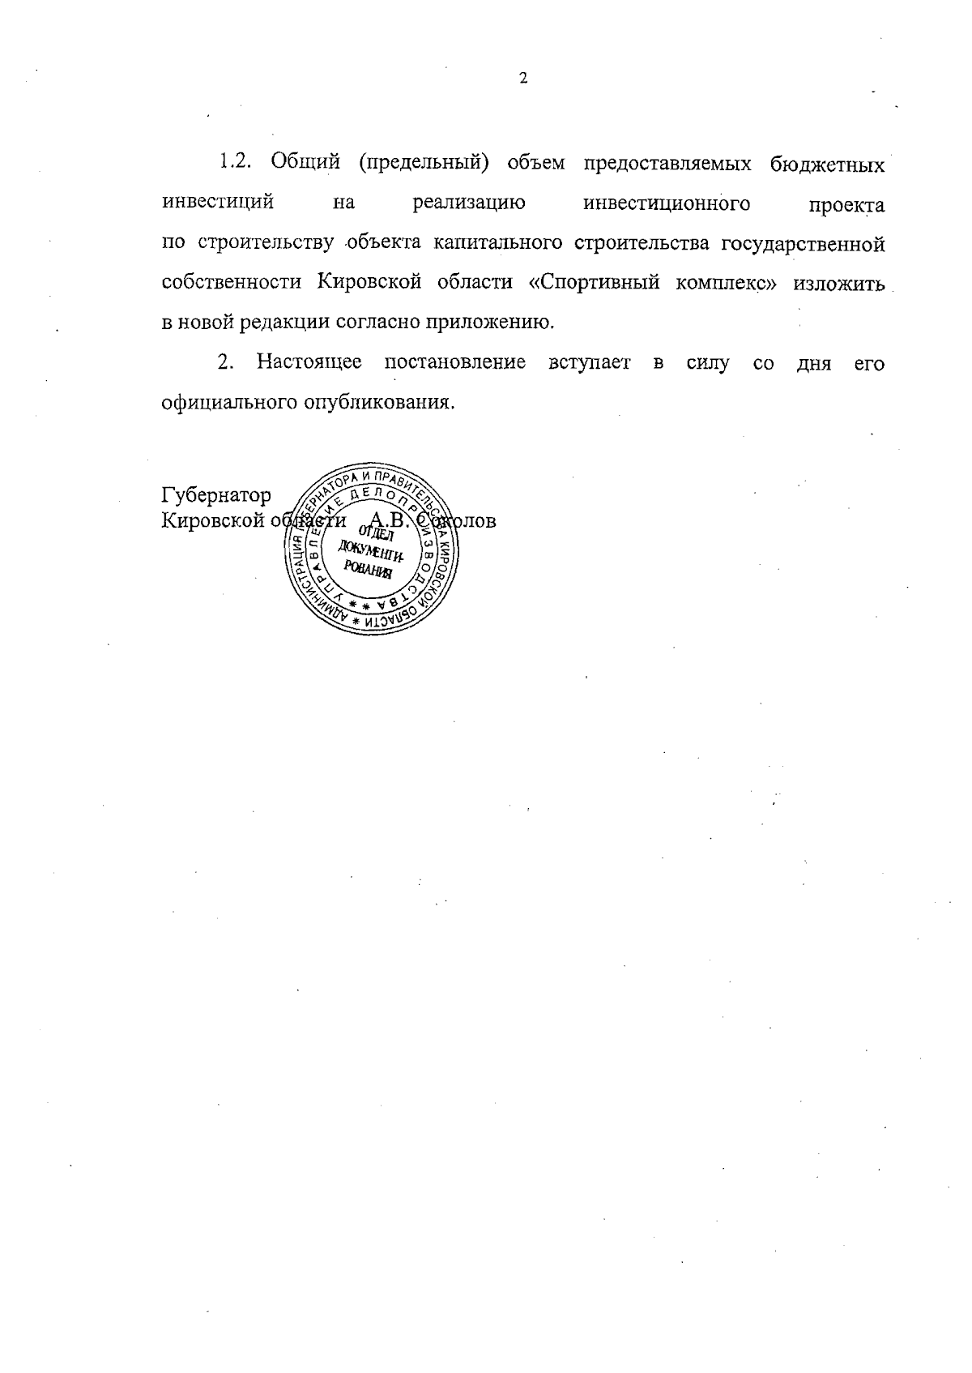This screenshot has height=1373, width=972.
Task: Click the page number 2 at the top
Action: pos(522,79)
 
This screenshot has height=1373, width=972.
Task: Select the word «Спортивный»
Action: pos(595,283)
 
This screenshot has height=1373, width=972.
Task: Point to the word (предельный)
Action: pos(421,163)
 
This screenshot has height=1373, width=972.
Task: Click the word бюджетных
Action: pos(827,163)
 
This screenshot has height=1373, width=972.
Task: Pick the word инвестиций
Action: pos(217,203)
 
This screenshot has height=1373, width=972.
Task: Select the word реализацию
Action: pos(469,203)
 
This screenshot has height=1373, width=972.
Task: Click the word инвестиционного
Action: pos(666,203)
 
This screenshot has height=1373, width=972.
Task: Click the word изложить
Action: pos(838,283)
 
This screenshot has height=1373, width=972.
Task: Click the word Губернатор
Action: pos(216,495)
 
